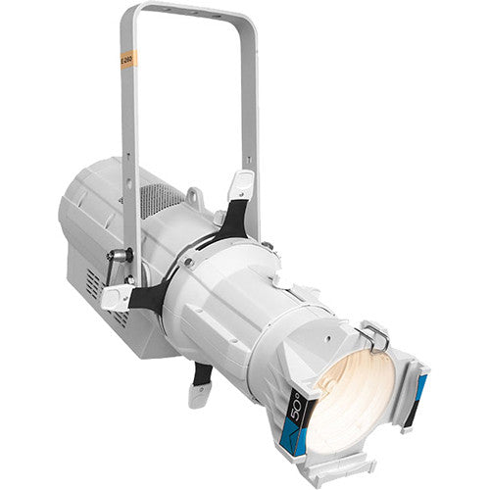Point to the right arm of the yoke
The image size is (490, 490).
tap(253, 108)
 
